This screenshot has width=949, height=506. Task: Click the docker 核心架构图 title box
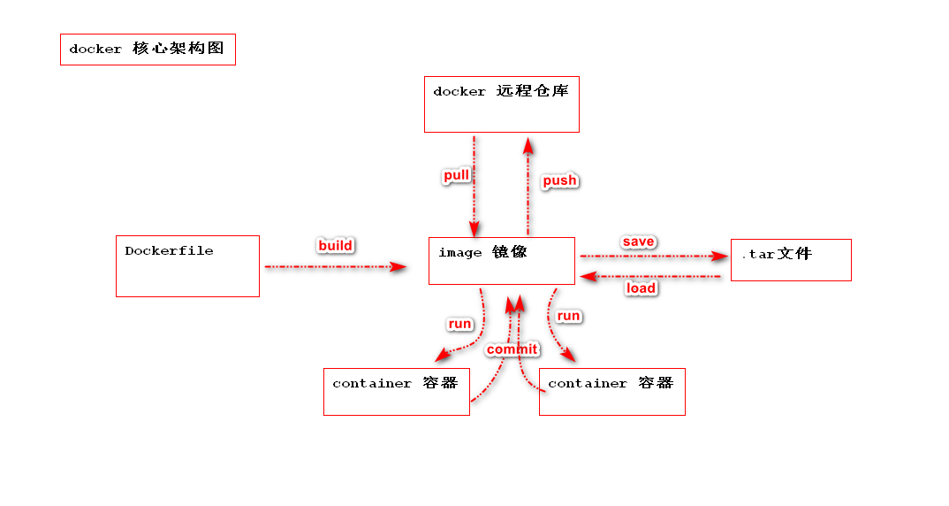point(148,50)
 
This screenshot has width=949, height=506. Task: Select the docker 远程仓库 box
point(501,104)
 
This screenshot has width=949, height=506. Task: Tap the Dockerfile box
point(187,265)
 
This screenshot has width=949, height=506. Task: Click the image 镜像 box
point(501,261)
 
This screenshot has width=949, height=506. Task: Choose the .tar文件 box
point(791,260)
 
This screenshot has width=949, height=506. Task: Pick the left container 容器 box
point(396,391)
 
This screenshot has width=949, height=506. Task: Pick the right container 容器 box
point(611,391)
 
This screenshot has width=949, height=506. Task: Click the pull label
point(456,176)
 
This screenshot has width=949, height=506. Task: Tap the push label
point(559,180)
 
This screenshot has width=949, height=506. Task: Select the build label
point(335,245)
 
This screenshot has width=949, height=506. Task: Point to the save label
point(638,241)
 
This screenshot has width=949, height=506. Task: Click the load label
point(641,287)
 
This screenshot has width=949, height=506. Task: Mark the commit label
point(512,349)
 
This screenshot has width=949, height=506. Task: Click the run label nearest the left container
point(459,324)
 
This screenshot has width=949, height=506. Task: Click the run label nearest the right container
point(568,316)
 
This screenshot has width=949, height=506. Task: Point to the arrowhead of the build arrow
point(399,265)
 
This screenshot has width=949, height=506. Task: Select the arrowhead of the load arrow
point(587,277)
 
